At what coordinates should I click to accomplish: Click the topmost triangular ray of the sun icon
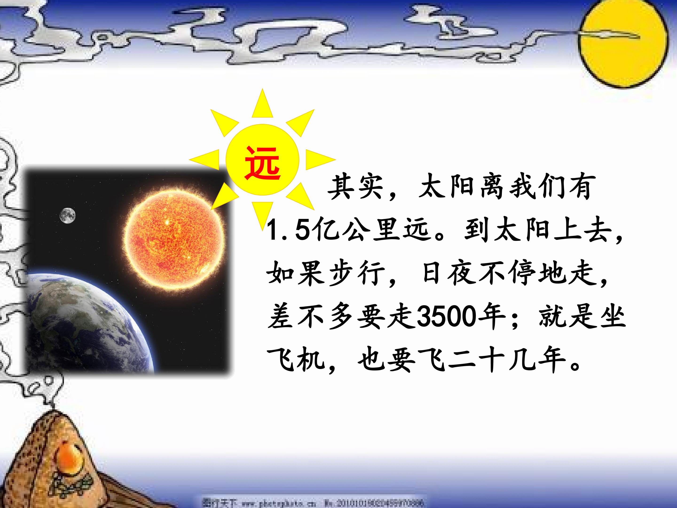click(x=262, y=104)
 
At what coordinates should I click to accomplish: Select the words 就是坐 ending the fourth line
click(x=582, y=317)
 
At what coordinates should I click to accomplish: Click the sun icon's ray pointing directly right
click(x=320, y=159)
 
